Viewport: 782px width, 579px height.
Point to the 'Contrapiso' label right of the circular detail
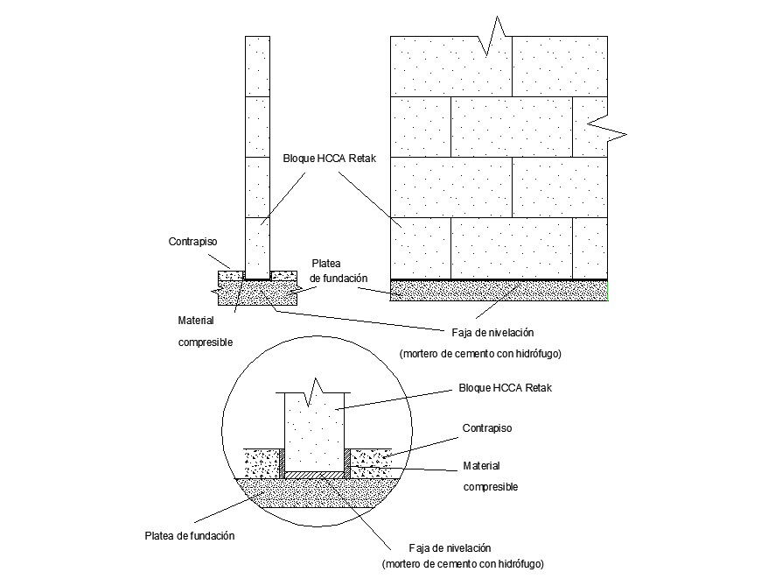tap(486, 428)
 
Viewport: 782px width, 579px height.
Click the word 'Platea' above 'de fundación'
tap(326, 263)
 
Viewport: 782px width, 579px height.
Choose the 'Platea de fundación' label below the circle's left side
tap(189, 535)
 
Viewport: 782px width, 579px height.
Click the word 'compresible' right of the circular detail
tap(490, 486)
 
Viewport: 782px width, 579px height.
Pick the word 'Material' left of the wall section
tap(196, 321)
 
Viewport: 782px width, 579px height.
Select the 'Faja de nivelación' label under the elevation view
tap(492, 333)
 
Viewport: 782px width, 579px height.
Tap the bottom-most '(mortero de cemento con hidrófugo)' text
tap(469, 563)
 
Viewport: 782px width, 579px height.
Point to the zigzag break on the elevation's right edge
tap(606, 128)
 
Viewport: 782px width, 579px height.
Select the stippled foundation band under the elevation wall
tap(499, 291)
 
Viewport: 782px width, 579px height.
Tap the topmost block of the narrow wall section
tap(257, 66)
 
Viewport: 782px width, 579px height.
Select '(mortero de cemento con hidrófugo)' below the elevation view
tap(479, 354)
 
